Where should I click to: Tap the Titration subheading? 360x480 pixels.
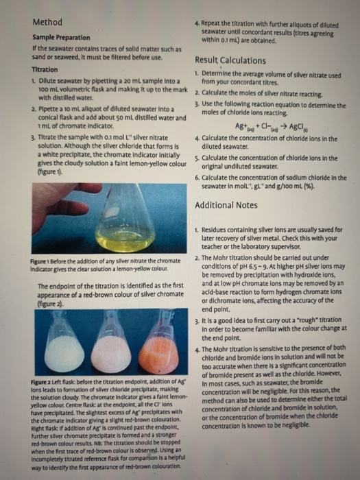(x=45, y=71)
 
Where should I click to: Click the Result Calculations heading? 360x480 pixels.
(x=235, y=60)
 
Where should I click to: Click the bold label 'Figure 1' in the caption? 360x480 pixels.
(x=43, y=261)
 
